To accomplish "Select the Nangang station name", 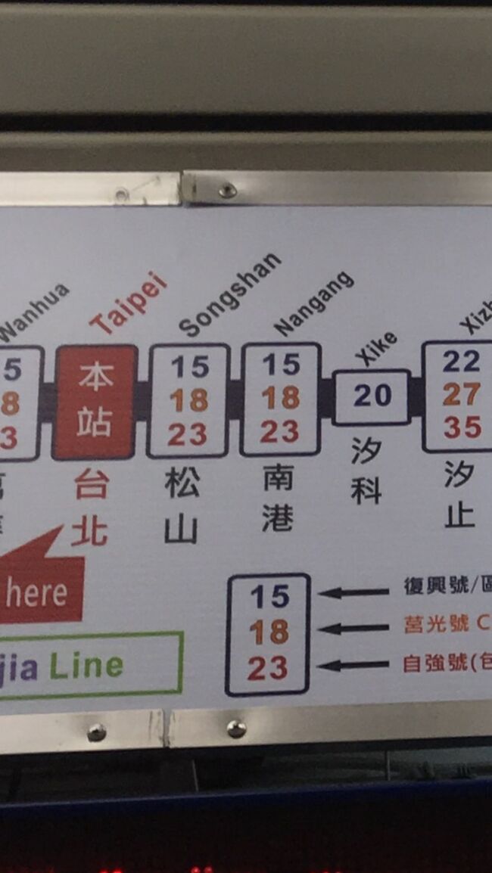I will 314,303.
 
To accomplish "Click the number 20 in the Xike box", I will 372,395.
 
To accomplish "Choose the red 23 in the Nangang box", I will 280,432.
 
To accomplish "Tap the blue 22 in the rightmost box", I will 462,362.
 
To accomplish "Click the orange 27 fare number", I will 462,394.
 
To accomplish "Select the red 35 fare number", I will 462,427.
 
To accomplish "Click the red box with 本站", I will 95,402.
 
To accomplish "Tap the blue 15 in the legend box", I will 269,598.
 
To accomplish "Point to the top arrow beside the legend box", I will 353,592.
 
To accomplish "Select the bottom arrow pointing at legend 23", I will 353,665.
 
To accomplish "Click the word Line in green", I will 86,666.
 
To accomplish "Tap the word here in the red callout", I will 36,594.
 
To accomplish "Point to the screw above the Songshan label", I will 226,190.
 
